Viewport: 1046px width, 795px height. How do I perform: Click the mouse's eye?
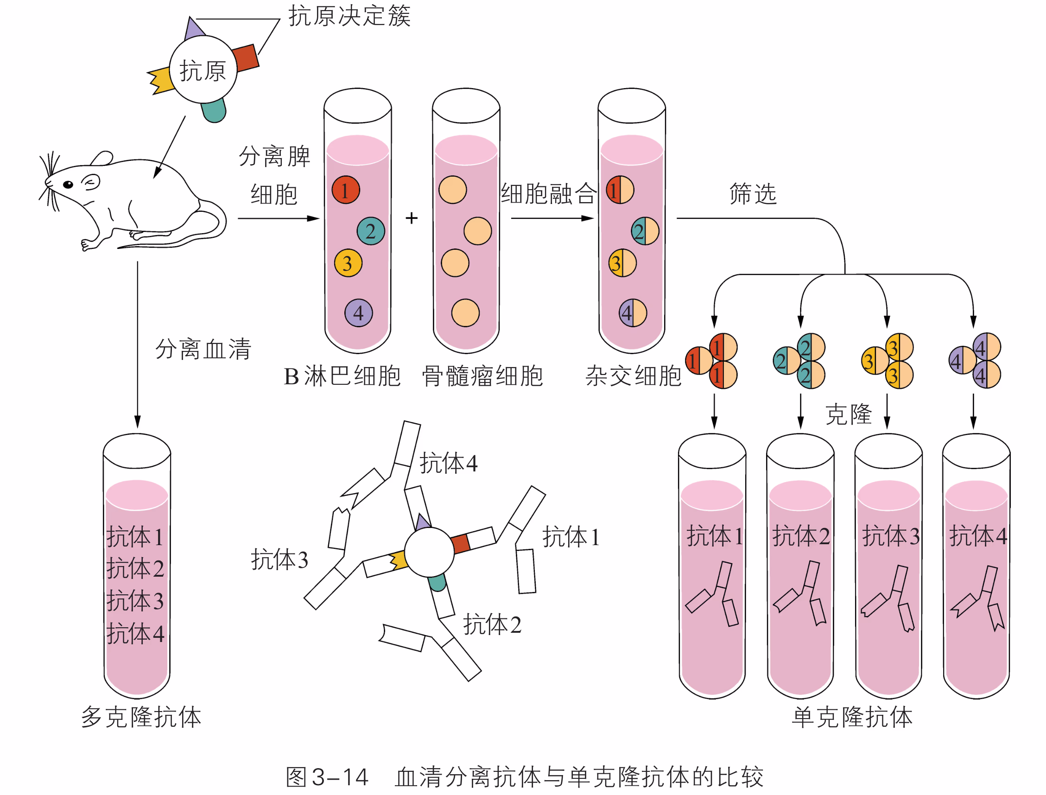[68, 184]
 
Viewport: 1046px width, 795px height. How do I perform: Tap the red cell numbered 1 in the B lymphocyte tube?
[345, 190]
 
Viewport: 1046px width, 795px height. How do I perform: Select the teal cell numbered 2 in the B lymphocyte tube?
[370, 231]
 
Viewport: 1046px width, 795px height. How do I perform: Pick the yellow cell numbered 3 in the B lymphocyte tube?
[348, 263]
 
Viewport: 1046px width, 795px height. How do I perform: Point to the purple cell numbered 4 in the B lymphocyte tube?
[359, 313]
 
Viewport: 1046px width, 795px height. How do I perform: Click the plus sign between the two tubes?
[412, 218]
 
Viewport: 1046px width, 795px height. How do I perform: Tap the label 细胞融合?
[549, 194]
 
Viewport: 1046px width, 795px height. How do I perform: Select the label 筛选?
[753, 194]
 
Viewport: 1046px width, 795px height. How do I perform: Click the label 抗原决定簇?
[349, 16]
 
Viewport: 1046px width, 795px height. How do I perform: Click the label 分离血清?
[203, 349]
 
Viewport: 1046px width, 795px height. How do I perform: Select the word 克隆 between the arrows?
[848, 414]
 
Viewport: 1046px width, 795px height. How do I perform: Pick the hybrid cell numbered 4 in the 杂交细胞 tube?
[633, 313]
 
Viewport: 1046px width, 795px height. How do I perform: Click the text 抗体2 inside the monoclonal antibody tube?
[801, 536]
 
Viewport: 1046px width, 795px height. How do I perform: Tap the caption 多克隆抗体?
[141, 717]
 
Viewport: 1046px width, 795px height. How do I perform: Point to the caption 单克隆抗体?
[852, 717]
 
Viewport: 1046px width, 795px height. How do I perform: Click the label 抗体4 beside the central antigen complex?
[449, 463]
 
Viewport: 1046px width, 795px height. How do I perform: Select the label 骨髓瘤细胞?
[482, 376]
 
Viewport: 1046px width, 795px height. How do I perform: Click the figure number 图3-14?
[327, 776]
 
